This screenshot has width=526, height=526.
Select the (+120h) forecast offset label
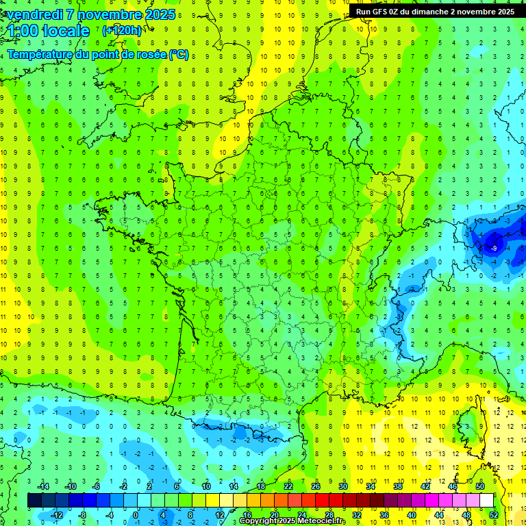[121, 31]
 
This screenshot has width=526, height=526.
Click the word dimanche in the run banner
[438, 12]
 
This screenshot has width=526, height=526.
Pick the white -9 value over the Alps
[493, 248]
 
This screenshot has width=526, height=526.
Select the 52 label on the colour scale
[493, 514]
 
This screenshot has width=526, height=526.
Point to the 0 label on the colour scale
[136, 514]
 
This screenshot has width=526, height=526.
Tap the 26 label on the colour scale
[316, 486]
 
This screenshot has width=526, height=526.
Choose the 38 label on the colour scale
[397, 486]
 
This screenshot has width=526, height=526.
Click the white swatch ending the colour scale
[487, 501]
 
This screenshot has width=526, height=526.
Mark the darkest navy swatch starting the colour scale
[34, 501]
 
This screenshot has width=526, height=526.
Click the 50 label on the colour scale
[480, 486]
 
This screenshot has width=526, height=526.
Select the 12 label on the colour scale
[219, 514]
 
